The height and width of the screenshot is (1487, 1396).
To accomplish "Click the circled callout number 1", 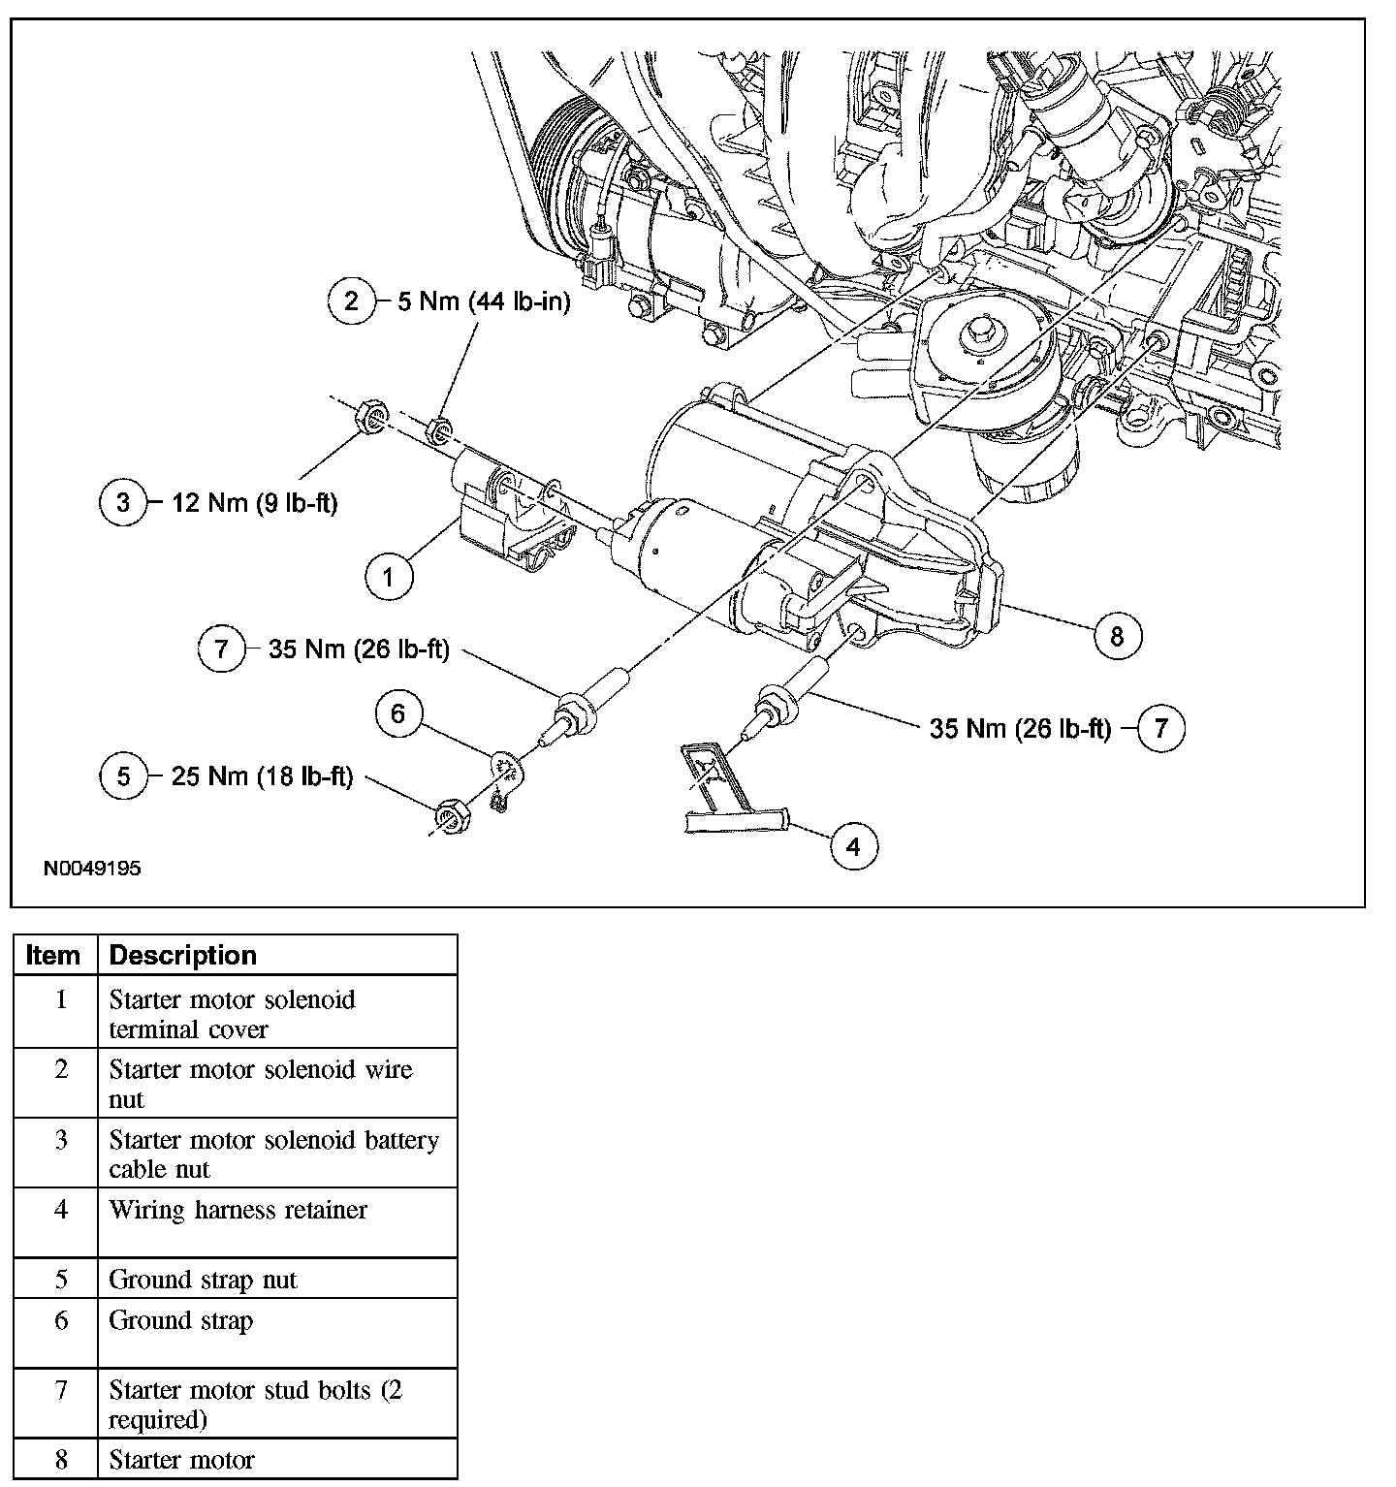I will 389,578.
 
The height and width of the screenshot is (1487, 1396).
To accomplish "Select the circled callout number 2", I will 351,301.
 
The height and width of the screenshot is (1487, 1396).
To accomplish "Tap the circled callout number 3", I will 123,503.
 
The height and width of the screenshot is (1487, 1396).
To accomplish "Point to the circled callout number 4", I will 853,846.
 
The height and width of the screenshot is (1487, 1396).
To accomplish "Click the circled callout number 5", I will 123,776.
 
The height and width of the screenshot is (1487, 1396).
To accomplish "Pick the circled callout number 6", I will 398,714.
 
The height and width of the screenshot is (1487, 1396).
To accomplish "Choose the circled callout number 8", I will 1117,636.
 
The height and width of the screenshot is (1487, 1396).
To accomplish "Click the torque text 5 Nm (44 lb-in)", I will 484,301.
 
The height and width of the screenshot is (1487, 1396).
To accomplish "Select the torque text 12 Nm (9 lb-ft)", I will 255,504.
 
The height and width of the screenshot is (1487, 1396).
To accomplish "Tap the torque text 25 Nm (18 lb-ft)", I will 262,776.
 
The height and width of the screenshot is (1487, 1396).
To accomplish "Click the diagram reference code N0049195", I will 92,869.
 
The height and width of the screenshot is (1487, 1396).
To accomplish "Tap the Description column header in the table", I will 183,955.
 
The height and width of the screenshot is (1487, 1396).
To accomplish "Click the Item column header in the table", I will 53,955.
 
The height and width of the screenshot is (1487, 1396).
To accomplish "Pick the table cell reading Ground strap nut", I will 204,1280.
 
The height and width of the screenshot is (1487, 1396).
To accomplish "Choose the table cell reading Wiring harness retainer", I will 238,1210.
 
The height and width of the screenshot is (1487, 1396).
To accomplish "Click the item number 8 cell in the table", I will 61,1459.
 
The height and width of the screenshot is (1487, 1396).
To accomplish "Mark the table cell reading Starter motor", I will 182,1459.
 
